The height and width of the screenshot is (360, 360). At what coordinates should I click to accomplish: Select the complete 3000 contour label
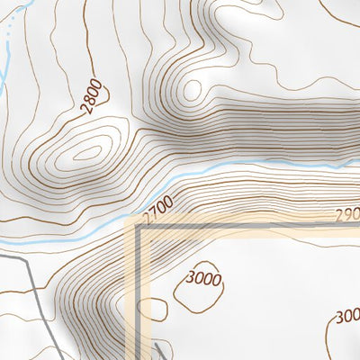click(203, 278)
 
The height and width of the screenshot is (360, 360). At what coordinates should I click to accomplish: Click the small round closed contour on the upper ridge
click(191, 90)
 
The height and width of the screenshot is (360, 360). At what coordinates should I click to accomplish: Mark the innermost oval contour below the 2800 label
click(87, 152)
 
